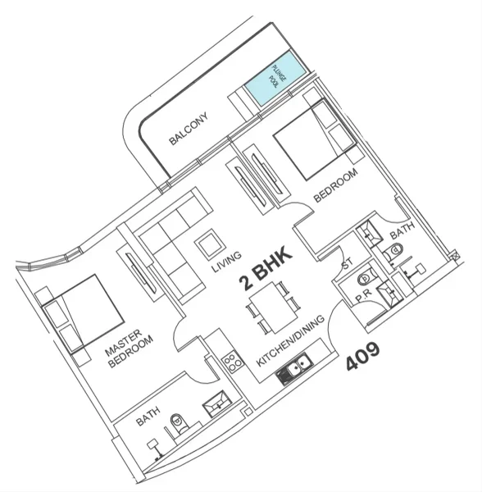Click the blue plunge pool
[x=275, y=80]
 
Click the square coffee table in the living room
[x=207, y=244]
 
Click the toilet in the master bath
[x=178, y=423]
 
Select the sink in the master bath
[x=219, y=401]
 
